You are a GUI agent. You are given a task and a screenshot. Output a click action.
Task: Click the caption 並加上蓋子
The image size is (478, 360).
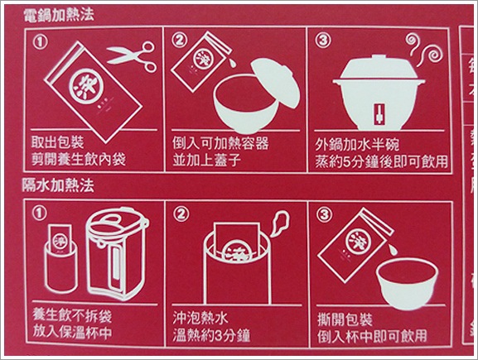tap(206, 156)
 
